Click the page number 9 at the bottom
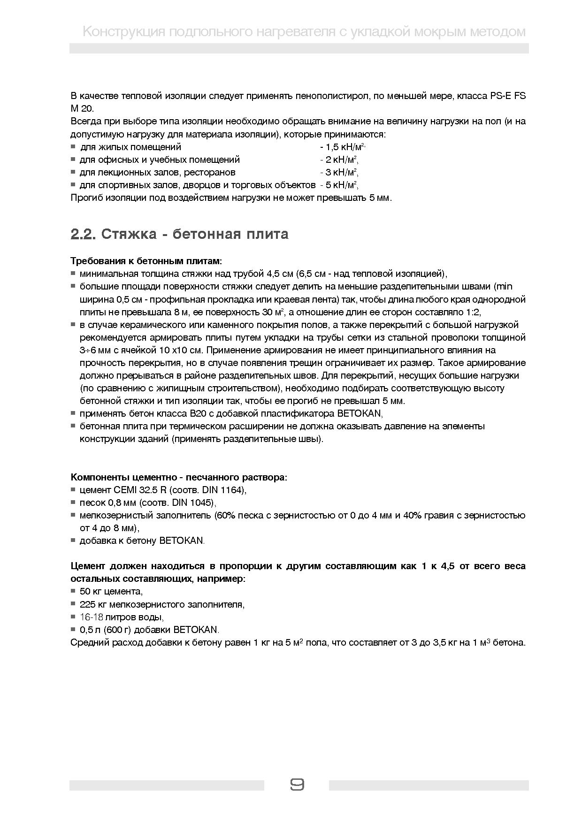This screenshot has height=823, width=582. coord(297,785)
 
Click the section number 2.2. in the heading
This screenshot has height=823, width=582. coord(83,234)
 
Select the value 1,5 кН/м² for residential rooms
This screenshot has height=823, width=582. coord(343,147)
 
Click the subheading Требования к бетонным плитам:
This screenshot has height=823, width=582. coord(146,261)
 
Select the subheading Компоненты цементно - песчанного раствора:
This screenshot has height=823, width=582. coord(179,477)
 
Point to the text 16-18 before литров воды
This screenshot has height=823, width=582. coord(91,617)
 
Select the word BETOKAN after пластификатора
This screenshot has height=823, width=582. coord(360,413)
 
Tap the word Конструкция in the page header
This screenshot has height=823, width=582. coord(123,32)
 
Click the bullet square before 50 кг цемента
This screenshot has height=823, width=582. coord(73,591)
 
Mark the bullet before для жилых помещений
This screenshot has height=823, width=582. coord(73,147)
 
